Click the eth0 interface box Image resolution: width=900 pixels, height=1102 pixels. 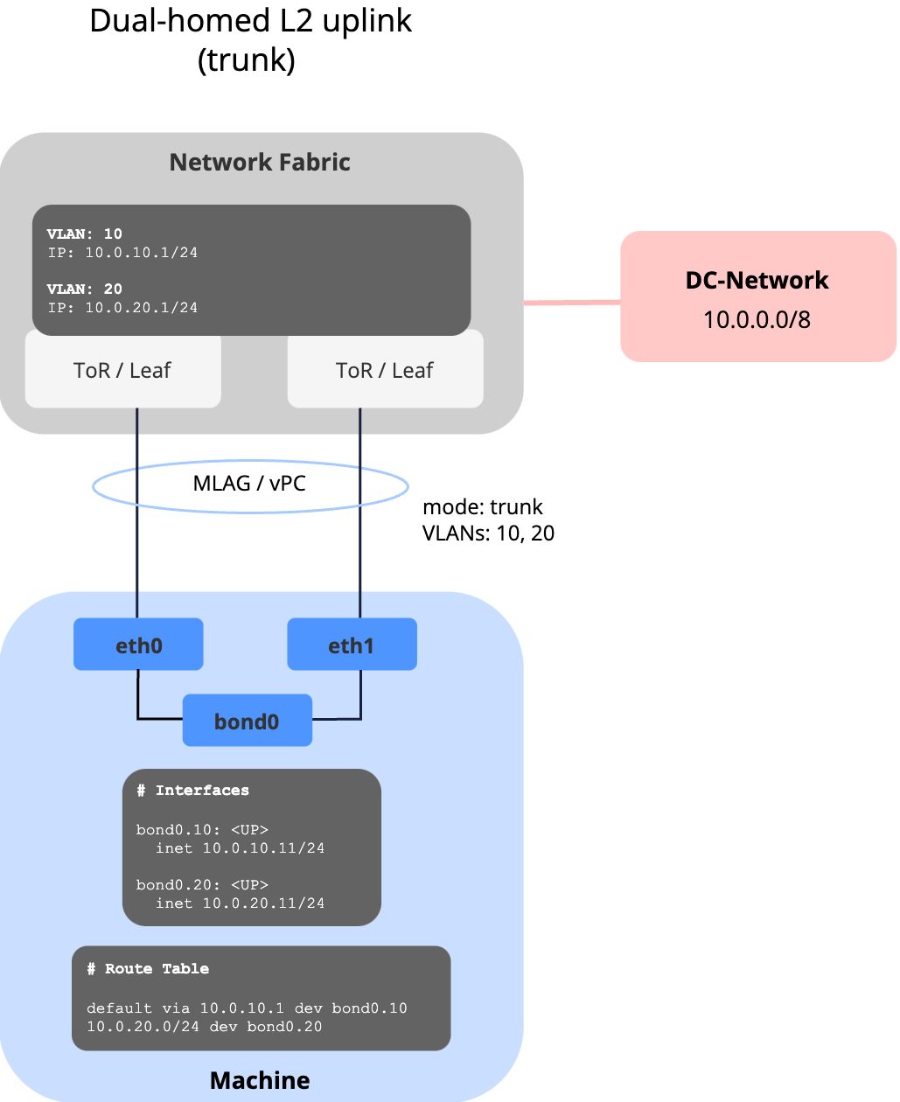(138, 645)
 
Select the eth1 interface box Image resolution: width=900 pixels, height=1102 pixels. (352, 645)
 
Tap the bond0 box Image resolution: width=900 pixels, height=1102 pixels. (247, 721)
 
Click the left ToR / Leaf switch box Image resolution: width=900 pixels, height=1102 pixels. (122, 371)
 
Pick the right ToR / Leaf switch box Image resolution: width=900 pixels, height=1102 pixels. (385, 371)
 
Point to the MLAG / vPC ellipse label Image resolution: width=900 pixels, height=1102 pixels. (249, 484)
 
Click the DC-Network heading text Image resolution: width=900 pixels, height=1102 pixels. (757, 280)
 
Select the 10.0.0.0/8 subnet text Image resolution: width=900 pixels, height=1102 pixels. (757, 319)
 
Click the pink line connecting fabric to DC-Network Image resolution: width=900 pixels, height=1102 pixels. (572, 303)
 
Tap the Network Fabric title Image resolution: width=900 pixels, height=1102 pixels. (260, 162)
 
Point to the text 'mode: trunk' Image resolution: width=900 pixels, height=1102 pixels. (482, 507)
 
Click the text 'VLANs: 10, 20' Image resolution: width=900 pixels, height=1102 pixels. (488, 534)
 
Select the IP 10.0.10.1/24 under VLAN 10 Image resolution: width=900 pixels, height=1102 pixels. (123, 253)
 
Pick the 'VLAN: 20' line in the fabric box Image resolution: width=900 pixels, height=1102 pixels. (85, 289)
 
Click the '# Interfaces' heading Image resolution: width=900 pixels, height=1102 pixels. (193, 790)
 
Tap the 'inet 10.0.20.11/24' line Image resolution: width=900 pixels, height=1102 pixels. (240, 903)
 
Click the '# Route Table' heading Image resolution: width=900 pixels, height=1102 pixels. (148, 968)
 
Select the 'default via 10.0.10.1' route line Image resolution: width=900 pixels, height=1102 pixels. (247, 1008)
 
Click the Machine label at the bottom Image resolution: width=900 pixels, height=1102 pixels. (260, 1080)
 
